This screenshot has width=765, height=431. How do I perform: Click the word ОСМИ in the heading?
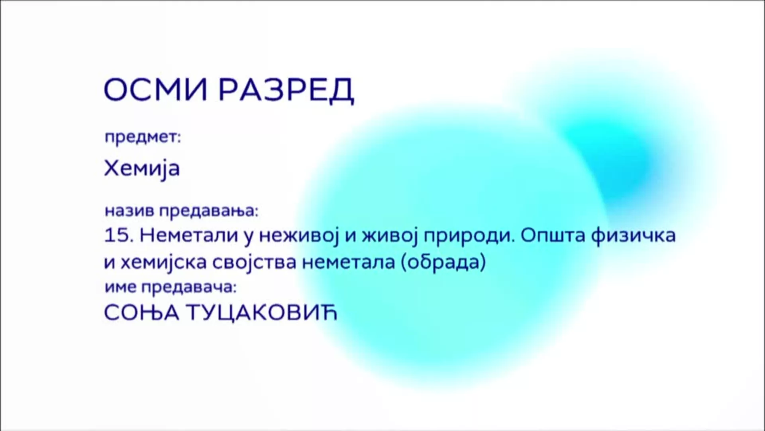click(x=155, y=90)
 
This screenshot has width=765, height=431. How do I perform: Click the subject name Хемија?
click(x=142, y=168)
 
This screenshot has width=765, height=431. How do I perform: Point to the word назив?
click(x=129, y=211)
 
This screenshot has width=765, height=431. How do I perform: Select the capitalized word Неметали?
click(x=189, y=235)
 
